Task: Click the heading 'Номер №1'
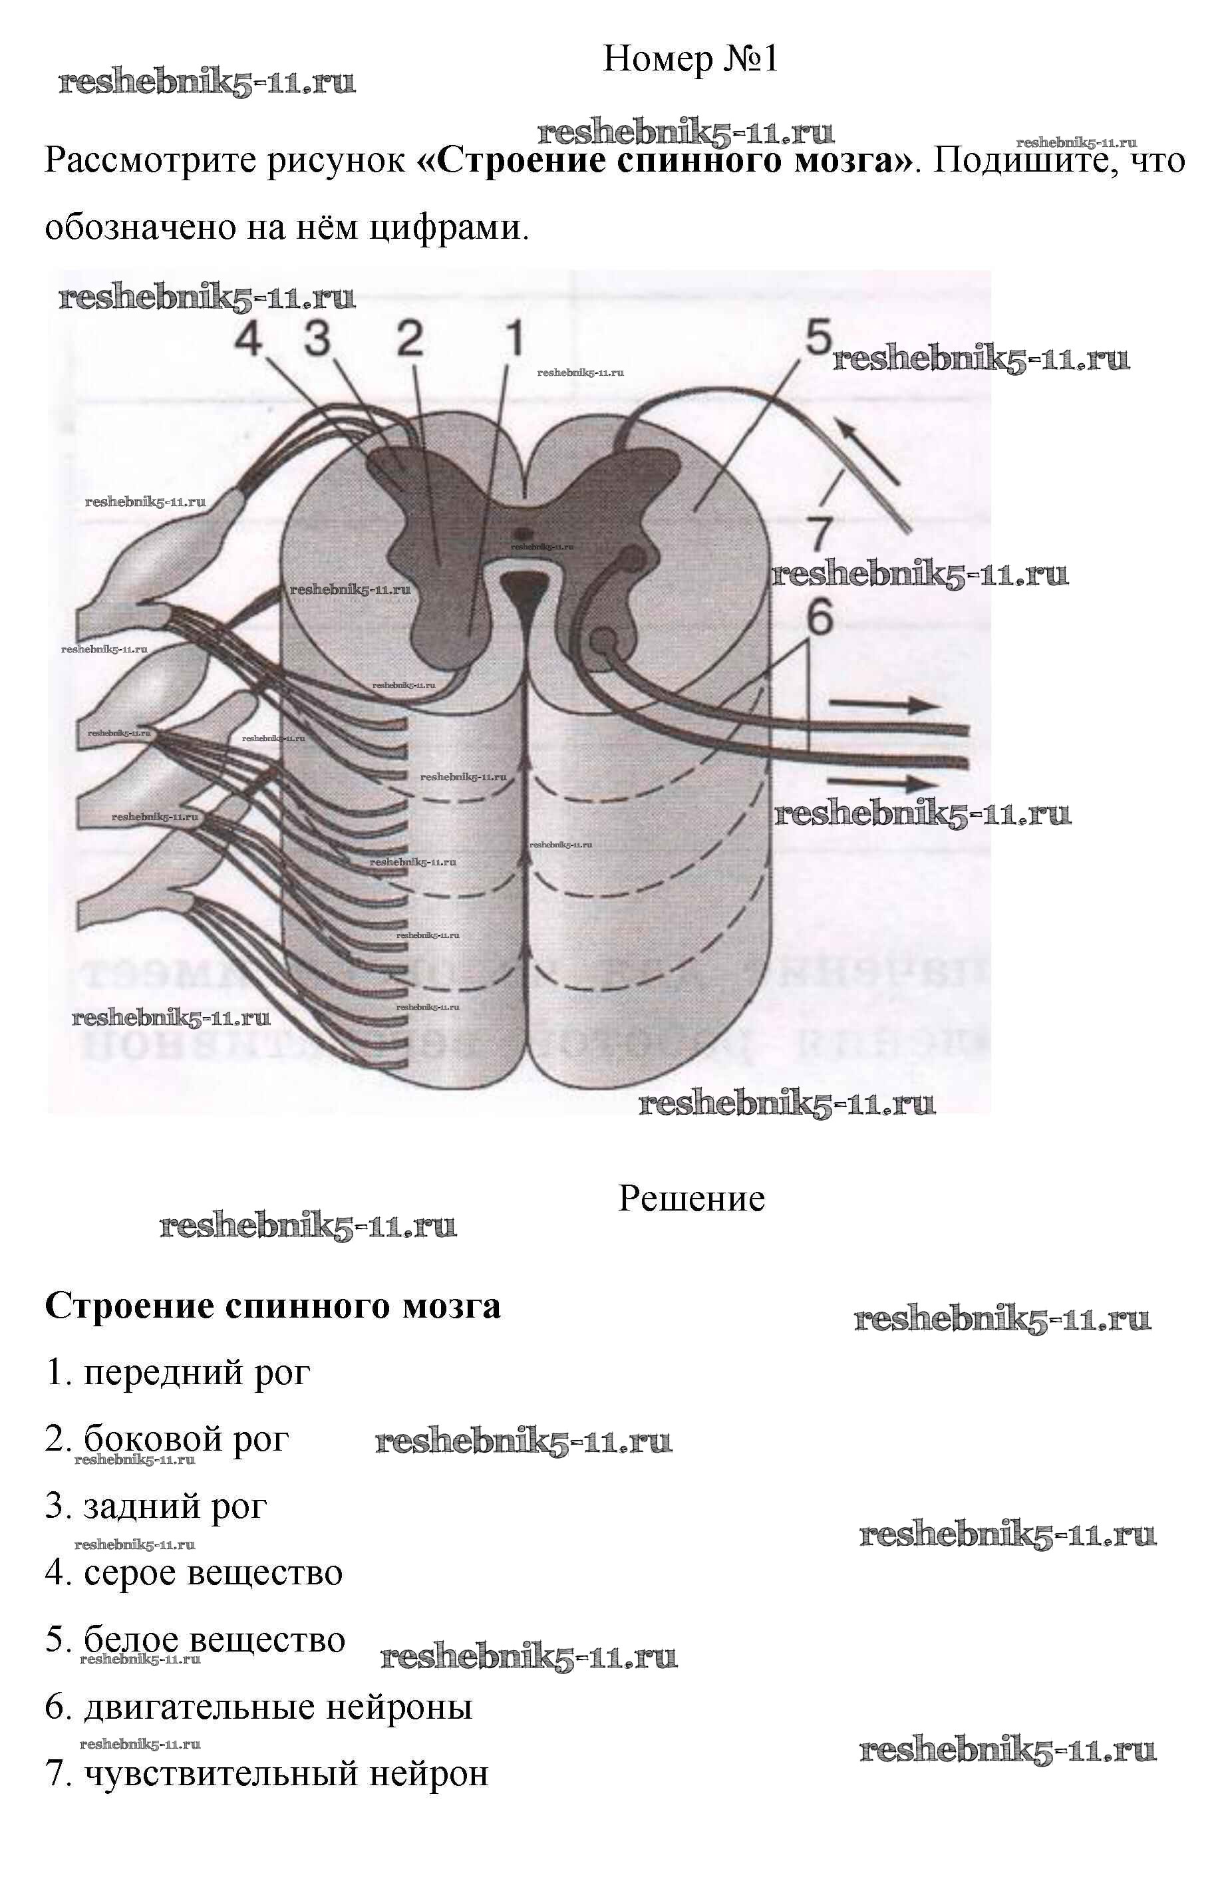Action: coord(690,59)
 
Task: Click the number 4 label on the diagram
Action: coord(249,340)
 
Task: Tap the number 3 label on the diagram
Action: coord(318,340)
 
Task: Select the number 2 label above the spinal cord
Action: coord(410,340)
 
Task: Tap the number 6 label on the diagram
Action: coord(820,617)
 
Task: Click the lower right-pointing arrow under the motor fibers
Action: coord(883,783)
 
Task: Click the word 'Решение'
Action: coord(691,1199)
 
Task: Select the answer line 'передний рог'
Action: coord(178,1373)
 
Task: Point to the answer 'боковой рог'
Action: coord(167,1439)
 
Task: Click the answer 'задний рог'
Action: coord(156,1507)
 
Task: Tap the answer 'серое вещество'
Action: coord(194,1574)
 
